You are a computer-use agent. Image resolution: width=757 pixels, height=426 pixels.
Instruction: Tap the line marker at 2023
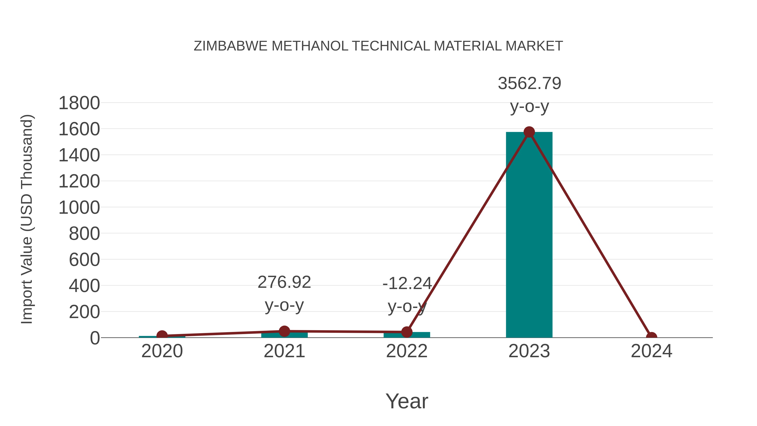(529, 132)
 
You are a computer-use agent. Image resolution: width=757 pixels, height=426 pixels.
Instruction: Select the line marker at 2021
(284, 331)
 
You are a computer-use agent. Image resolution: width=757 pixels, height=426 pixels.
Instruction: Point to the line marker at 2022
(407, 332)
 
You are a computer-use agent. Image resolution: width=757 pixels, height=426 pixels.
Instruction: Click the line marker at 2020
(162, 336)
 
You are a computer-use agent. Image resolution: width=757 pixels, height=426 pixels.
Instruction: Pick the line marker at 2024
(651, 337)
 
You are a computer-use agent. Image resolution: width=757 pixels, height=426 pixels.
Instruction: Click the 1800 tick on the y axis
(79, 103)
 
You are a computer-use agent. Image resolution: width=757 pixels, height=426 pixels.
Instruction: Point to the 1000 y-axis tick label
(79, 208)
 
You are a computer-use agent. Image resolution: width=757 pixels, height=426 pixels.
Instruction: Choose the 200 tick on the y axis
(84, 312)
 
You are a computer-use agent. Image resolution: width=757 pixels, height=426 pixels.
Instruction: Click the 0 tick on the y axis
(95, 338)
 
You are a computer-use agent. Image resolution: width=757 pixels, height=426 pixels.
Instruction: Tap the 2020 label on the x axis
(162, 351)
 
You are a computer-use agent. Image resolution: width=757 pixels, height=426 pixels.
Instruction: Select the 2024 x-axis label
(651, 351)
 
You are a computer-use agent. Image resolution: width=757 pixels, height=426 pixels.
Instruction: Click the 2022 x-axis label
(407, 351)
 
